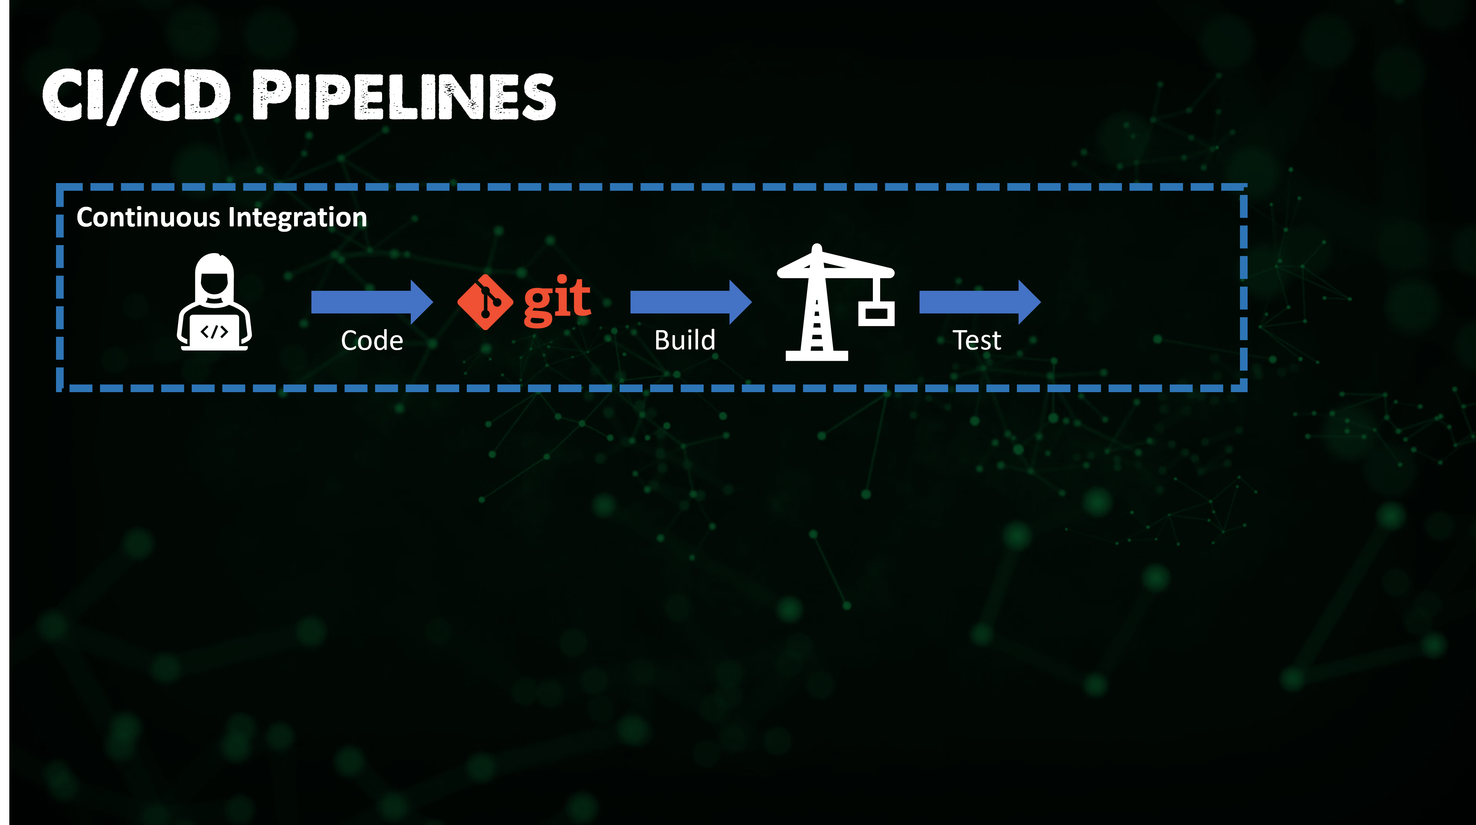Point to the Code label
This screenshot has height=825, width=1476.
[372, 341]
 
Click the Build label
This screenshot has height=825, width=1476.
[685, 340]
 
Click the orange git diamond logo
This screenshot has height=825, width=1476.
[485, 302]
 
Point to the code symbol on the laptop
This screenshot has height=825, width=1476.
[214, 332]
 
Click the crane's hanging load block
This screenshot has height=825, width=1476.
[876, 313]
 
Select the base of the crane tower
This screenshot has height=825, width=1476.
[817, 355]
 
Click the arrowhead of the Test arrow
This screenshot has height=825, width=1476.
[1029, 302]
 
